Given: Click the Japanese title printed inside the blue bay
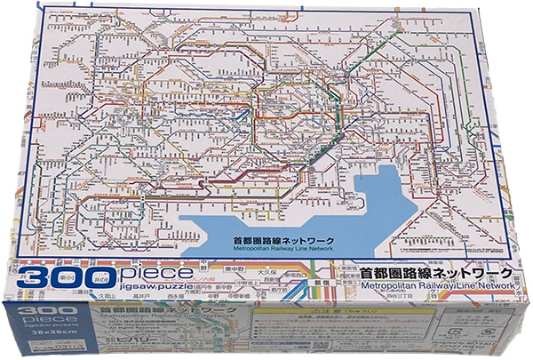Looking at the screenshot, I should pyautogui.click(x=256, y=240).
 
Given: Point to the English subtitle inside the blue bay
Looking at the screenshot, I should pyautogui.click(x=256, y=251).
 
